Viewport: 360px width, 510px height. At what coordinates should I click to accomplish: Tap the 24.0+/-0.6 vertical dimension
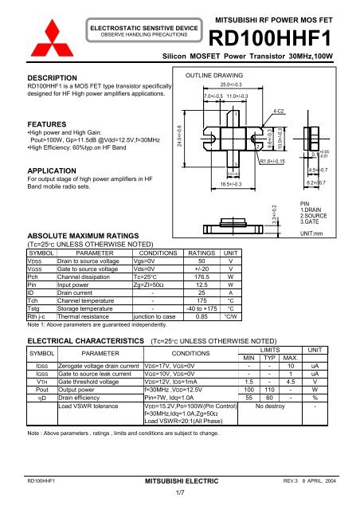(x=180, y=136)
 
